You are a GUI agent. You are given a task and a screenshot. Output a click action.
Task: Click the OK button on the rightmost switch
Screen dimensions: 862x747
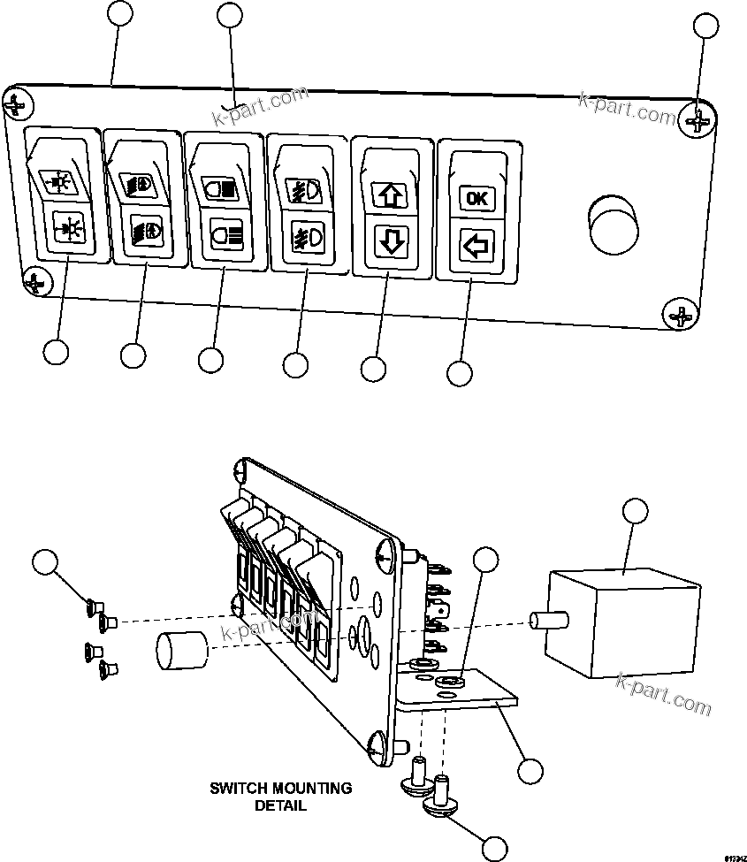(476, 198)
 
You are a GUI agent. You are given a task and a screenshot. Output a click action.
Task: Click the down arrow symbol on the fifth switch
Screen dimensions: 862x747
(392, 241)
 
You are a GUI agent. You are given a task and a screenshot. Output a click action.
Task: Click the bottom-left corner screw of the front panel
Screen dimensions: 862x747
(35, 282)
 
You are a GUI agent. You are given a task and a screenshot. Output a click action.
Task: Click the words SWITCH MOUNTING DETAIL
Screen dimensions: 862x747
(280, 796)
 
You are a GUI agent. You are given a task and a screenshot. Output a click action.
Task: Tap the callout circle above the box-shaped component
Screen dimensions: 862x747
(636, 511)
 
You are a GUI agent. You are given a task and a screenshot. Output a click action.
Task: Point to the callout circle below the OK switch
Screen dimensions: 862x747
(459, 373)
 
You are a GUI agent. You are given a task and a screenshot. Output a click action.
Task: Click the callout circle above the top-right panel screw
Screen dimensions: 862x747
(705, 26)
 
